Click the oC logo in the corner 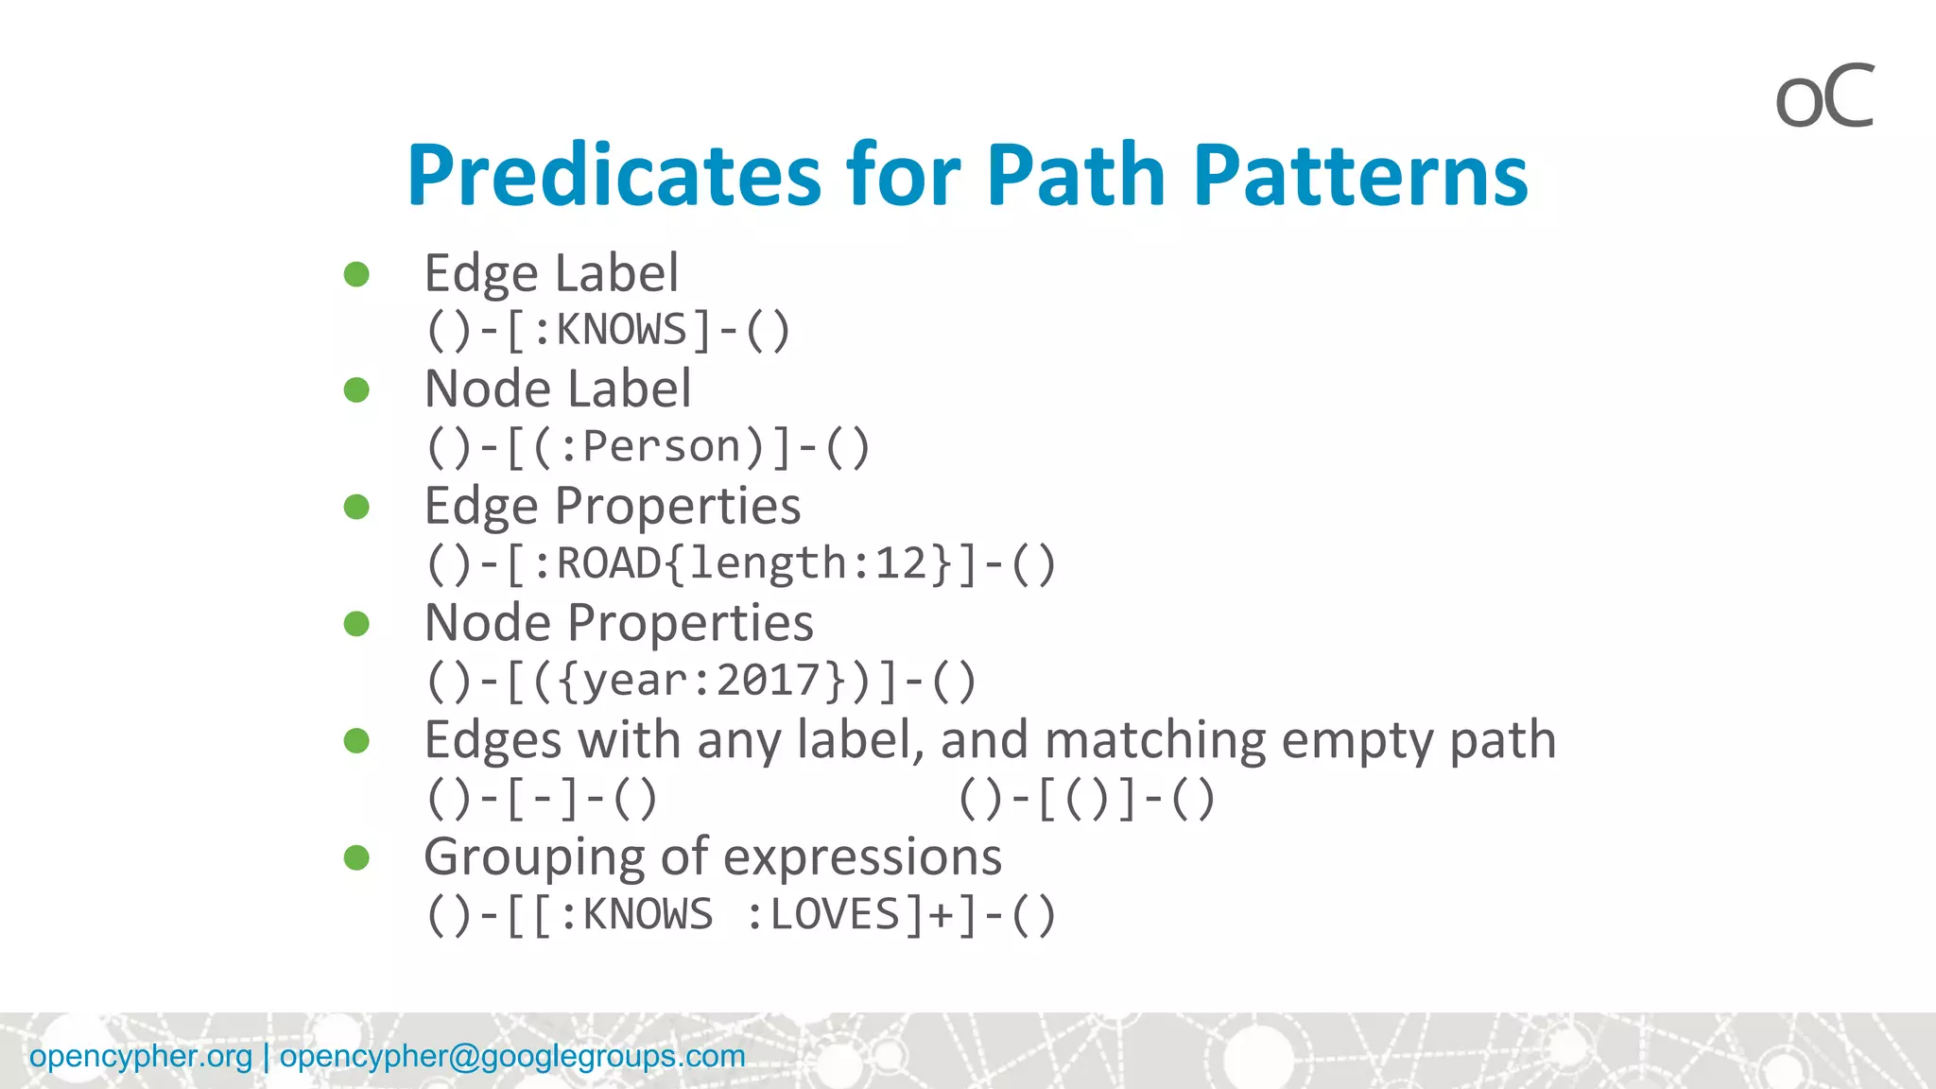(x=1824, y=97)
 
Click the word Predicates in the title (x=614, y=176)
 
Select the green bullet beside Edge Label (x=356, y=274)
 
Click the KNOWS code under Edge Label (x=622, y=331)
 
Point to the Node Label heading (x=558, y=389)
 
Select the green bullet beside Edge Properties (x=356, y=507)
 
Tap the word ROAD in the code (x=609, y=564)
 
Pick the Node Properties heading (x=619, y=624)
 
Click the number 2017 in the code (x=769, y=681)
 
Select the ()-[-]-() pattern (x=542, y=799)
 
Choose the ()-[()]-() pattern (x=1087, y=799)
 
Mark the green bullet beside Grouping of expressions (x=356, y=857)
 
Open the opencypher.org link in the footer (x=141, y=1056)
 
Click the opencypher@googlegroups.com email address (x=512, y=1056)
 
